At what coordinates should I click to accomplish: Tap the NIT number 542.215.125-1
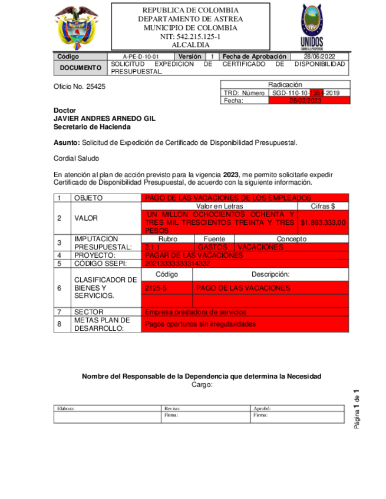(x=190, y=36)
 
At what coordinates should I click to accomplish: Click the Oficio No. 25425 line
(x=80, y=87)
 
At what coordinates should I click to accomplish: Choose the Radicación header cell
(x=285, y=85)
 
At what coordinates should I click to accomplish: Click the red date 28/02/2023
(x=309, y=101)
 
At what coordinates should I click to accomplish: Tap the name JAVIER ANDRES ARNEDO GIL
(x=104, y=118)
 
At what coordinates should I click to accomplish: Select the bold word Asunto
(x=66, y=142)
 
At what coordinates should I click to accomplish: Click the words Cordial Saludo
(x=77, y=158)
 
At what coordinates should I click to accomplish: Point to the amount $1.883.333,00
(x=323, y=222)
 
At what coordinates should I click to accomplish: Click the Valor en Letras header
(x=219, y=207)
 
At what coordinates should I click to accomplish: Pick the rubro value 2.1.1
(x=152, y=248)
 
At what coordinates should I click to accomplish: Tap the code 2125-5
(x=156, y=288)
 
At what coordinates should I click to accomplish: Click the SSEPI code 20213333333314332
(x=177, y=264)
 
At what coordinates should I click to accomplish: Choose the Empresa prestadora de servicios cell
(x=195, y=312)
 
